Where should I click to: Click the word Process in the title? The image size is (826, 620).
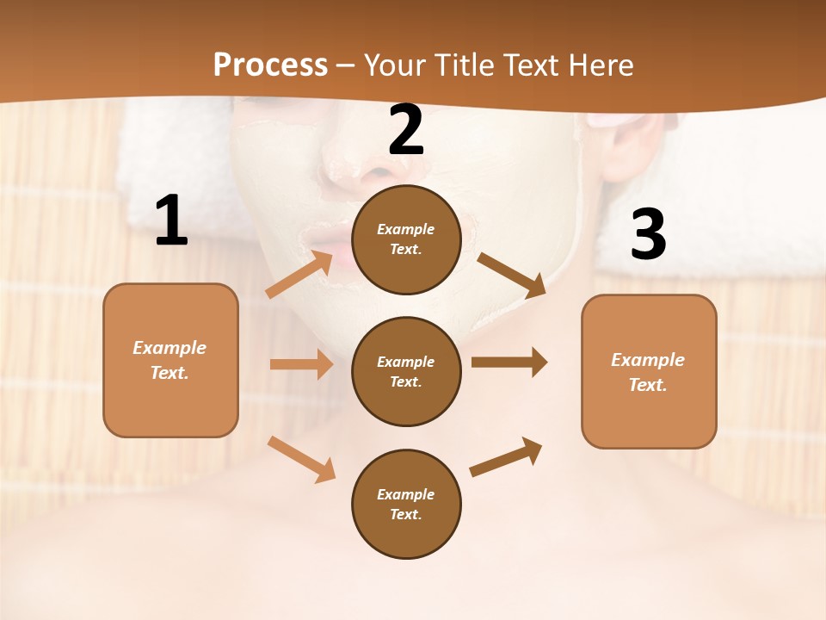270,65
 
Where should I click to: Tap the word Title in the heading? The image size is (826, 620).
465,65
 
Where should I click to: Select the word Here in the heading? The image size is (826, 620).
599,65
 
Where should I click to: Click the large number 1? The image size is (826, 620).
171,221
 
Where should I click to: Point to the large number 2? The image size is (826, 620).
406,130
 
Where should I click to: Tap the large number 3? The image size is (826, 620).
648,234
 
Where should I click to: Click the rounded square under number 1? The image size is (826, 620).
170,360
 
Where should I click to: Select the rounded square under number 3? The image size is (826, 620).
649,372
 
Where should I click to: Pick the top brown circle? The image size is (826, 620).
406,239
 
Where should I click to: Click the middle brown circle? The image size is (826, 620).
406,372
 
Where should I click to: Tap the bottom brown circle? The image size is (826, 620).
406,505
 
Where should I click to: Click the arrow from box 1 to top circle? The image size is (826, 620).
299,275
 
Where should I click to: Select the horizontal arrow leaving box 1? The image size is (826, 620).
301,364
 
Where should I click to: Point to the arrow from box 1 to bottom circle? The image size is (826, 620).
301,459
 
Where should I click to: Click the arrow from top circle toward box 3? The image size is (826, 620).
511,275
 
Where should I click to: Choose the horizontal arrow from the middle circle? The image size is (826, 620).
509,363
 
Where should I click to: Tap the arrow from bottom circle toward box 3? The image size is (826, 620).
506,456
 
